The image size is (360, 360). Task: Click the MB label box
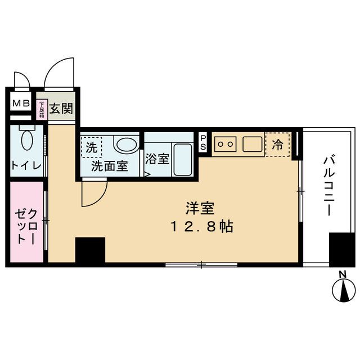[x=21, y=105]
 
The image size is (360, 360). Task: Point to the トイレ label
[x=24, y=166]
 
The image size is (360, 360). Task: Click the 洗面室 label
[x=110, y=167]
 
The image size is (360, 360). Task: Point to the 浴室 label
[x=157, y=159]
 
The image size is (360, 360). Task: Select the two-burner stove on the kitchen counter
[x=225, y=144]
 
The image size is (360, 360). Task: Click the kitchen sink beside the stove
[x=253, y=145]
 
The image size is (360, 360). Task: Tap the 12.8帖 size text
[x=200, y=228]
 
